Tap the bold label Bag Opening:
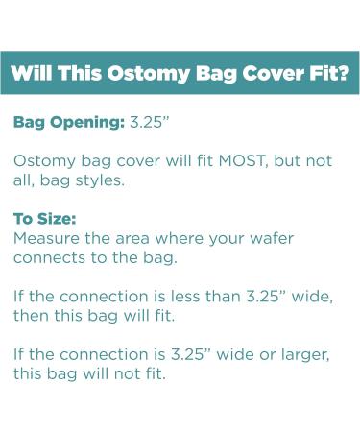(68, 124)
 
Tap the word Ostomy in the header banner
(132, 73)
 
